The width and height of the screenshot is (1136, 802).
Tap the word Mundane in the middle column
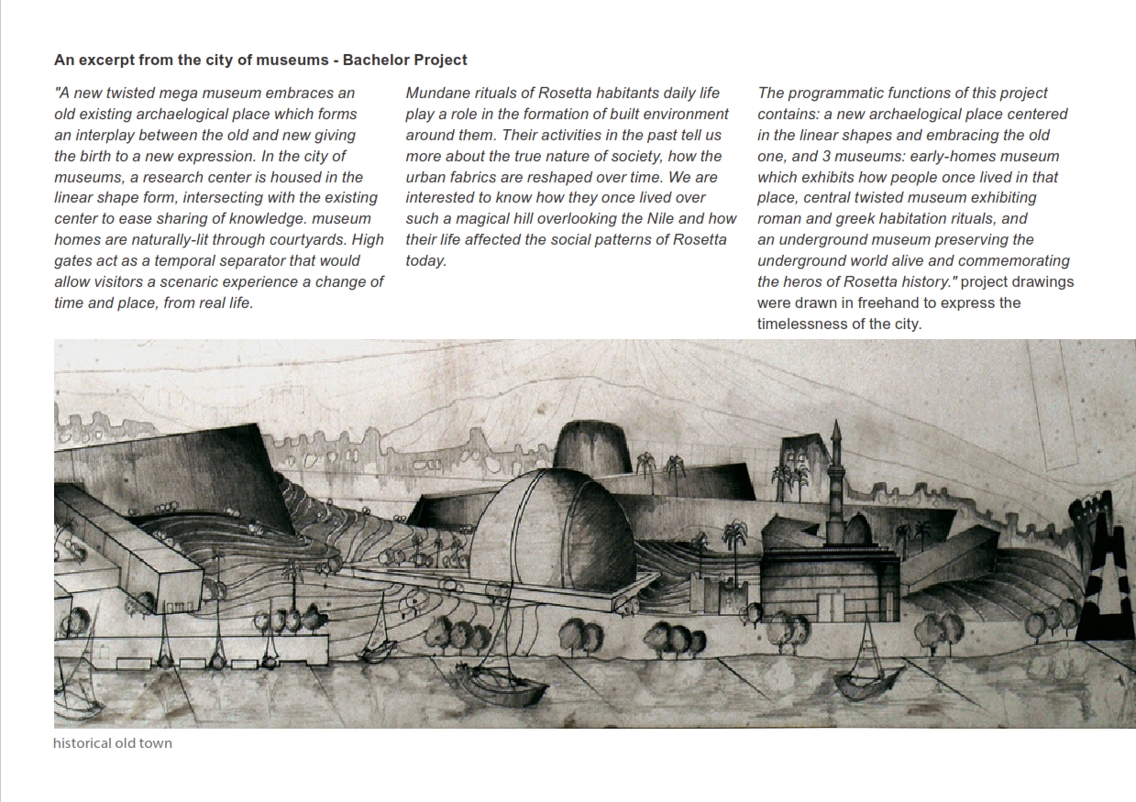tap(437, 93)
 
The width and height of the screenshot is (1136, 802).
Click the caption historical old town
tap(113, 743)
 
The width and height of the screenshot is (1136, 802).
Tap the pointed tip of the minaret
tap(836, 425)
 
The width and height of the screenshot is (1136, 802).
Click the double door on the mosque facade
tap(832, 606)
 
